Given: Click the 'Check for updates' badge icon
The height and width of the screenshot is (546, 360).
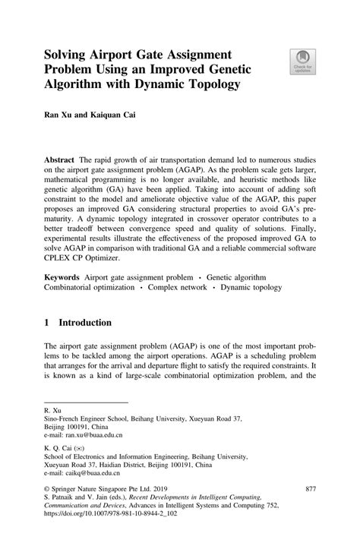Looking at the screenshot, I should [x=303, y=60].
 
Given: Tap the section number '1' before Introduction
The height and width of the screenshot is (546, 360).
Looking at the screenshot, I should [x=48, y=322].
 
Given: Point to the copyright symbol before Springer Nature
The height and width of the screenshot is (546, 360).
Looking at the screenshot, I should [x=47, y=488].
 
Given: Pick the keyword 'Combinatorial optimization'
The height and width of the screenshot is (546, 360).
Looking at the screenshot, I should [x=89, y=289].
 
